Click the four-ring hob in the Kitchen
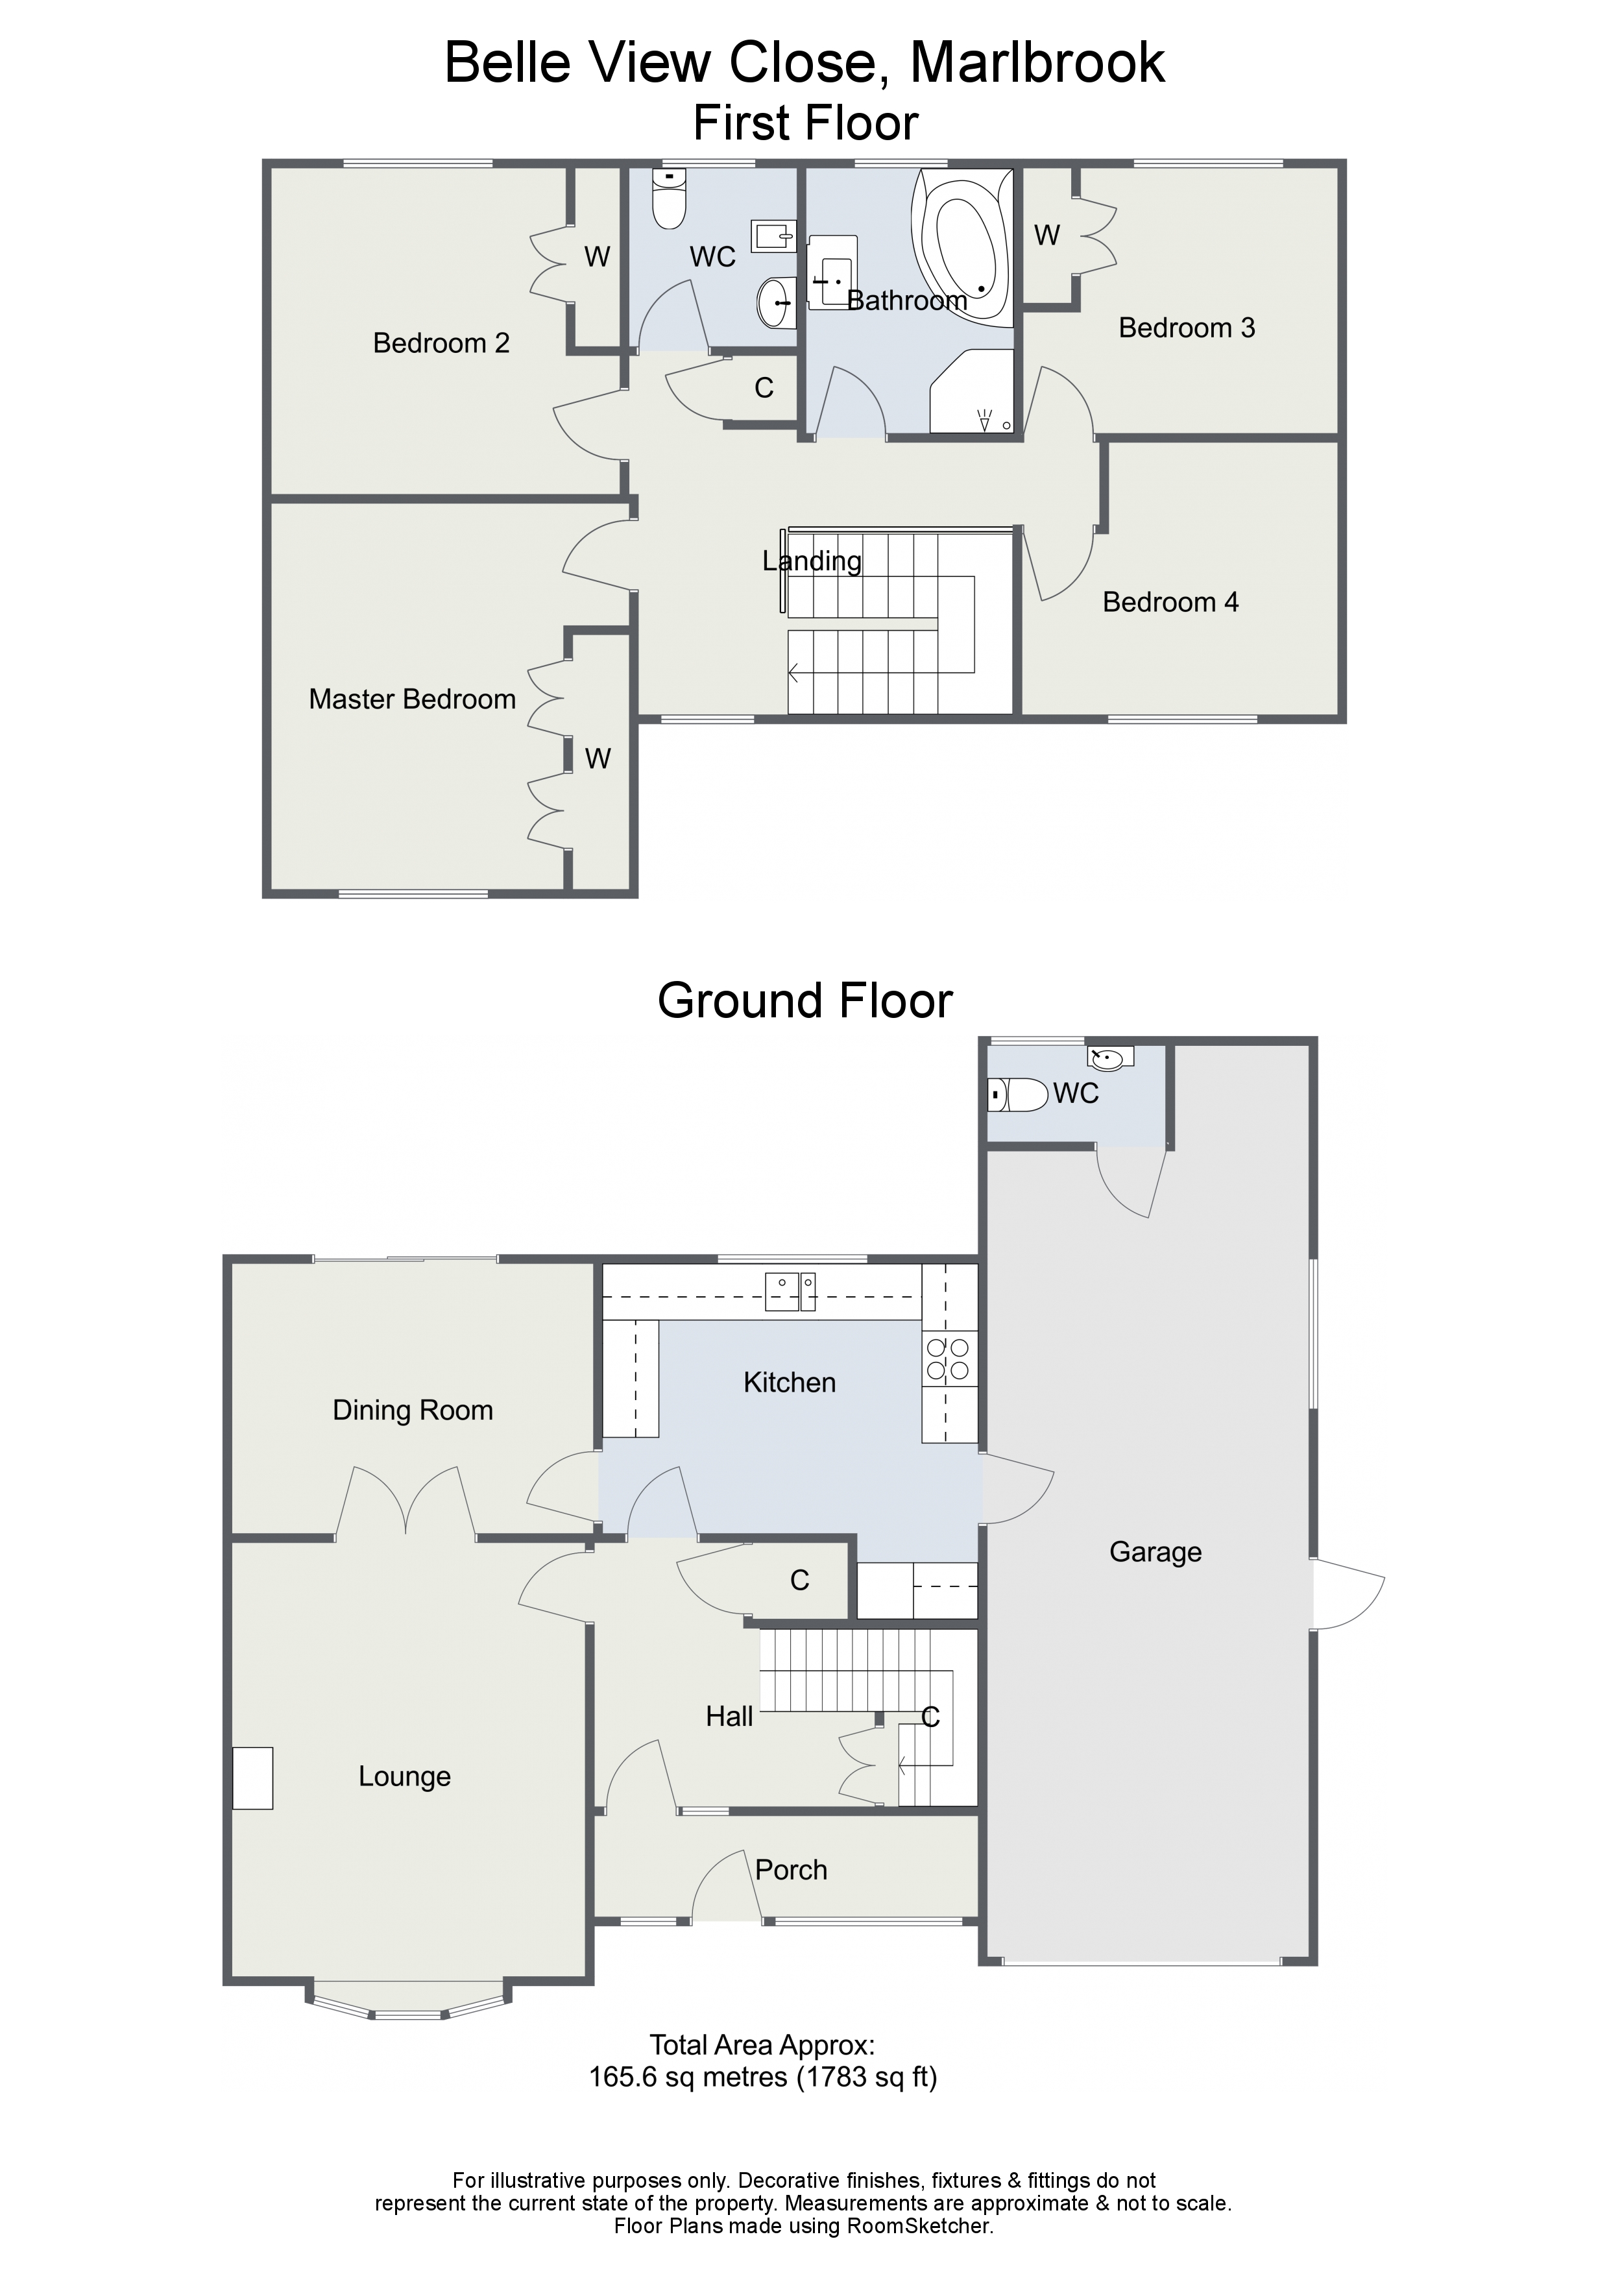point(949,1359)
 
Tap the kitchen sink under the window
point(790,1292)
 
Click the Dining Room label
point(413,1410)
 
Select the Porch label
point(790,1870)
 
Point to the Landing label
point(812,561)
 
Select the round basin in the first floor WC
point(776,301)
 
